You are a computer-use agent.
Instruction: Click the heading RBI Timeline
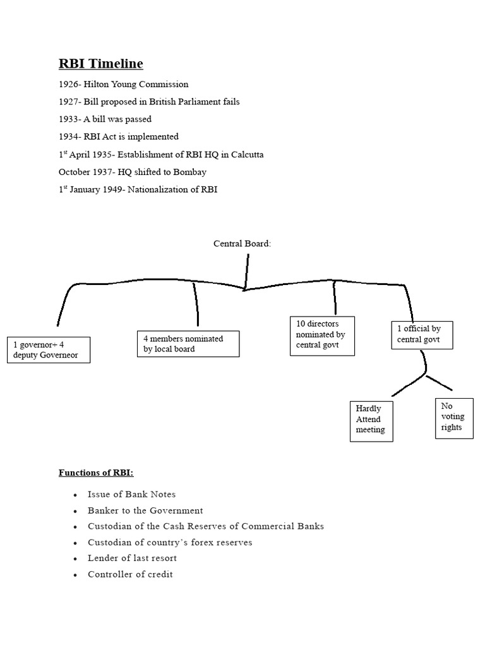click(101, 64)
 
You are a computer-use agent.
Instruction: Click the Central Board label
click(242, 244)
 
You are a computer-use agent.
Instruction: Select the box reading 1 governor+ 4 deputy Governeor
click(48, 350)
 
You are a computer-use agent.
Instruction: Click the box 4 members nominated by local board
click(188, 344)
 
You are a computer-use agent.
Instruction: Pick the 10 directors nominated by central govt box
click(321, 336)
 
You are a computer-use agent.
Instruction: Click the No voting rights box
click(453, 417)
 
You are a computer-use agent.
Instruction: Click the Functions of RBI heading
click(96, 473)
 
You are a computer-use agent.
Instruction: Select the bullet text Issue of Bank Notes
click(132, 494)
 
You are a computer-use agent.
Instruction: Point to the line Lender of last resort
click(133, 558)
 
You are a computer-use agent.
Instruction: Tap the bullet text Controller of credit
click(130, 574)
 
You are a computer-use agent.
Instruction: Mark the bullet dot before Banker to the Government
click(75, 511)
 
